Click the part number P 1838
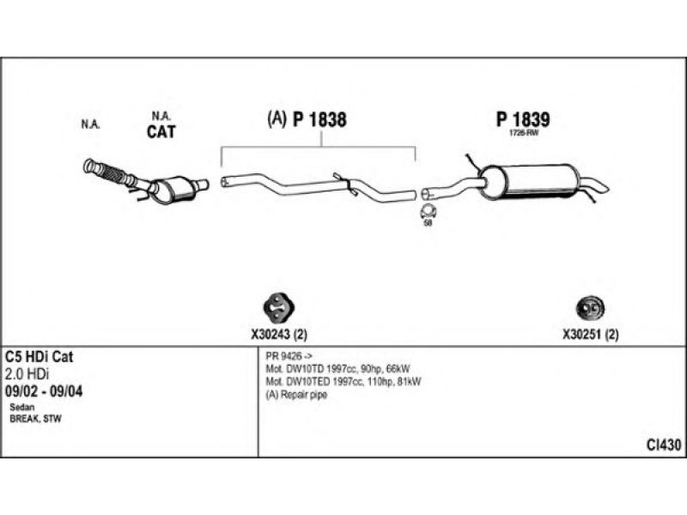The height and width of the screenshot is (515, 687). tap(319, 121)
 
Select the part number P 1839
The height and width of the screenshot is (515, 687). tap(522, 120)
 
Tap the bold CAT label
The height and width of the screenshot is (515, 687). tap(161, 131)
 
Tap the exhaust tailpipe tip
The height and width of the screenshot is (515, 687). tap(599, 186)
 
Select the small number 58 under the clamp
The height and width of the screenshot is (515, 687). tap(428, 223)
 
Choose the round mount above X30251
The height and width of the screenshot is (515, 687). tap(588, 307)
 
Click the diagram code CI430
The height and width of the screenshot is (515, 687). tap(664, 445)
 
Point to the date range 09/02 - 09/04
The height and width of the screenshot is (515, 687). tap(44, 391)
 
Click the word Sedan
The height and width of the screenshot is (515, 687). tap(21, 406)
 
